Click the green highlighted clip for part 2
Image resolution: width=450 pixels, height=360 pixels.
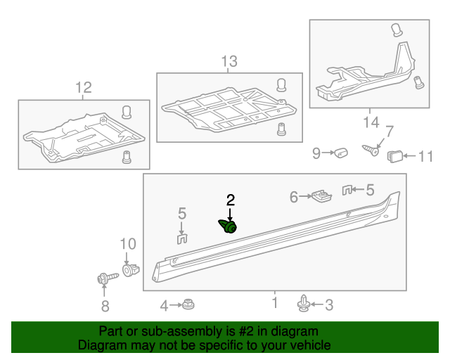click(x=229, y=226)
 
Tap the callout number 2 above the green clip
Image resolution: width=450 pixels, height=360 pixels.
click(x=230, y=200)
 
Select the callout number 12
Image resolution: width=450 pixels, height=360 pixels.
click(x=84, y=88)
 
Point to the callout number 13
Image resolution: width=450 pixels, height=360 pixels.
click(x=229, y=62)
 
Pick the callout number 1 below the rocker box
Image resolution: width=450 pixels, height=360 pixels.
click(x=275, y=303)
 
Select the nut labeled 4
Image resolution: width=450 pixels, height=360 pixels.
click(x=188, y=304)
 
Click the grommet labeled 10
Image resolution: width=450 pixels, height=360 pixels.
click(x=129, y=269)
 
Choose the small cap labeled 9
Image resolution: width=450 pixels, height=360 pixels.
click(x=342, y=153)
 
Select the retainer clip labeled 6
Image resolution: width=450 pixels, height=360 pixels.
click(x=322, y=195)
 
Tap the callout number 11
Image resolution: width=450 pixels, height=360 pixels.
click(x=427, y=155)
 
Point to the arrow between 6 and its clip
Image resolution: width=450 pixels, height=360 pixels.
click(x=307, y=198)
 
